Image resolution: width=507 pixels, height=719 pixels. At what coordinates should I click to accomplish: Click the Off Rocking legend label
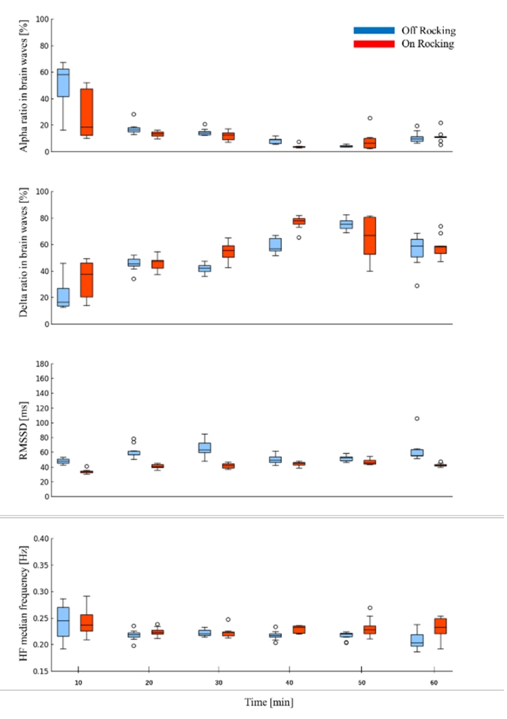click(x=428, y=30)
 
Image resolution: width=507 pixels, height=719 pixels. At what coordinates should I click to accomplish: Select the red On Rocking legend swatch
click(x=373, y=44)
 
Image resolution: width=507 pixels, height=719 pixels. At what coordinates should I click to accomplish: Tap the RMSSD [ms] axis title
click(x=25, y=430)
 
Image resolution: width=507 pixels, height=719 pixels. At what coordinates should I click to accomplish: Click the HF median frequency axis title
click(x=23, y=604)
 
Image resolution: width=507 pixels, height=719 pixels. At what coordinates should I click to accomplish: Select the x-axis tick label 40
click(x=293, y=682)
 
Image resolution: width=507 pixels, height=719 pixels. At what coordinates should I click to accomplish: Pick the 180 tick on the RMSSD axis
click(x=42, y=364)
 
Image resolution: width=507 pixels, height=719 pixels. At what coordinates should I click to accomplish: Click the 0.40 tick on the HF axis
click(x=41, y=539)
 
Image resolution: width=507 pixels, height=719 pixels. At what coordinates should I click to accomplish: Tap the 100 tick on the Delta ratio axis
click(x=42, y=191)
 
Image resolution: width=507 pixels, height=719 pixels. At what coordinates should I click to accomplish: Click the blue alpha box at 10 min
click(x=63, y=83)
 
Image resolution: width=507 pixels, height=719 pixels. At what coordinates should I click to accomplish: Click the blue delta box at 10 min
click(x=63, y=297)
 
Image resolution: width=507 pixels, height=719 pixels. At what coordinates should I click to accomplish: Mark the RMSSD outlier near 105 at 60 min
click(x=417, y=418)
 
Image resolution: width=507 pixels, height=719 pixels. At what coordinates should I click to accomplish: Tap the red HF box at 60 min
click(x=440, y=626)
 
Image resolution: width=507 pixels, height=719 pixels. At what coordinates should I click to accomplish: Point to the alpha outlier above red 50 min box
click(x=370, y=118)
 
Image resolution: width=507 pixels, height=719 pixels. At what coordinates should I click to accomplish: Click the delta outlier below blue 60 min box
click(x=417, y=285)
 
